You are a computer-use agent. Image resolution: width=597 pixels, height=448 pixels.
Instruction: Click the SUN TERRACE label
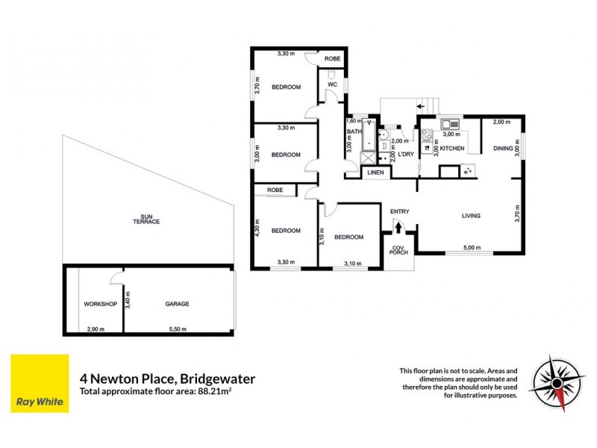point(147,220)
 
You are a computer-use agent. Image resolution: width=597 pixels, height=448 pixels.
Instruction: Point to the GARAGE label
point(177,304)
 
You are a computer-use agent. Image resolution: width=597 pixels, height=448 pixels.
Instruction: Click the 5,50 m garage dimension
point(177,329)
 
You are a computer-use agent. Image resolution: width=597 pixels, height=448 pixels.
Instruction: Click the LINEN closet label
point(375,172)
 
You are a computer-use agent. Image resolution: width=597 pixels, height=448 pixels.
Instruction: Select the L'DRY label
point(406,155)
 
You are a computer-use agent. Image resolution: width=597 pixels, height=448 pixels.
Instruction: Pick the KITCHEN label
point(451,149)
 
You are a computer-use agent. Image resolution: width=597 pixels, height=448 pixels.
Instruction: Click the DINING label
point(503,149)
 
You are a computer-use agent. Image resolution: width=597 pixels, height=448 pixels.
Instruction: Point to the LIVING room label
point(470,216)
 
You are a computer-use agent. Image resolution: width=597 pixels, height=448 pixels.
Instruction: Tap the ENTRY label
point(399,211)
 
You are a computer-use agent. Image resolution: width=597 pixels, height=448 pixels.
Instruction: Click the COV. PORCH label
point(399,255)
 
